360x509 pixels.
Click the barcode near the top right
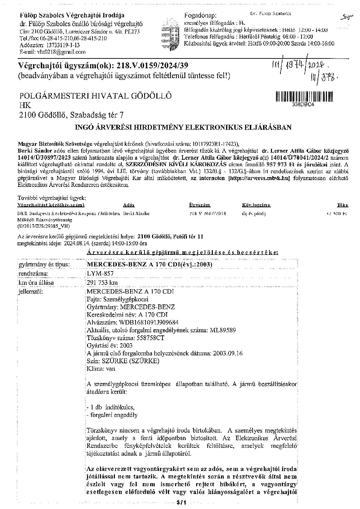coord(304,96)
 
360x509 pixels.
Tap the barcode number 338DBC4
coord(303,105)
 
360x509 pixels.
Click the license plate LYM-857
coord(100,273)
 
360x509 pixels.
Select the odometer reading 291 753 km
coord(103,282)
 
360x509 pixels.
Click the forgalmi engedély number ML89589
coord(223,330)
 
